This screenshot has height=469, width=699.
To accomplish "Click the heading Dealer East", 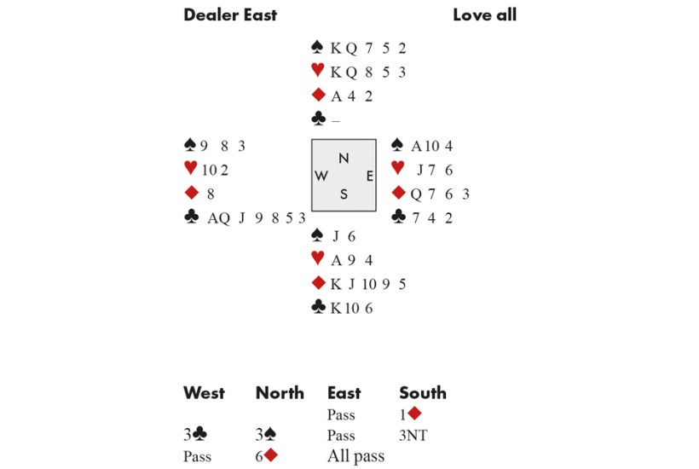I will pos(230,14).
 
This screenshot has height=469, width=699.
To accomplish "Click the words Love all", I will pos(484,14).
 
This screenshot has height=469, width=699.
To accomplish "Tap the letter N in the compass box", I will pos(344,158).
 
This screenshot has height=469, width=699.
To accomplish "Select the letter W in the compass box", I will pos(322,176).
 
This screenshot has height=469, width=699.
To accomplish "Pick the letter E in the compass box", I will pos(369,176).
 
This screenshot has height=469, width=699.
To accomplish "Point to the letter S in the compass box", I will pos(344,194).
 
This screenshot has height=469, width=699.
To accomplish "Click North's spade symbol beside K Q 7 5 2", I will pos(319,48).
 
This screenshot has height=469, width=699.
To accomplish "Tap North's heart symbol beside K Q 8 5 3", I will pos(319,72).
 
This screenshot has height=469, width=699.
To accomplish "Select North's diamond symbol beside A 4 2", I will pos(319,96).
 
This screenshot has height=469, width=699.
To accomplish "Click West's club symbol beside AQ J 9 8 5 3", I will pos(192,217).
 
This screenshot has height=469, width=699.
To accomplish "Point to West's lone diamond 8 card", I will pos(211,194).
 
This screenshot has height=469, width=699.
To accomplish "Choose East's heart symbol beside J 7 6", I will pos(397,169).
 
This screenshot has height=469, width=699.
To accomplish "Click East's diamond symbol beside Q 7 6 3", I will pos(398,194).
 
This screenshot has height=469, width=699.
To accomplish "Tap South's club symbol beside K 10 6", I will pos(319,307).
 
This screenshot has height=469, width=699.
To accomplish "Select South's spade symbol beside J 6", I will pos(319,235).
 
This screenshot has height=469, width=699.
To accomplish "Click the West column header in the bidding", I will pos(205,393).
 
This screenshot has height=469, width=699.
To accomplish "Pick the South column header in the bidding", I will pos(423,393).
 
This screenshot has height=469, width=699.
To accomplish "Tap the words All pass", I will pos(355,456).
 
